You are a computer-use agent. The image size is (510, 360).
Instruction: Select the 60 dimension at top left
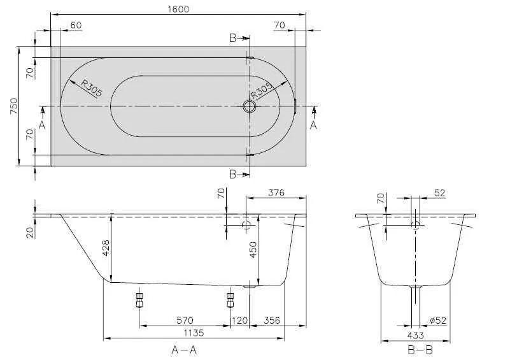click(76, 25)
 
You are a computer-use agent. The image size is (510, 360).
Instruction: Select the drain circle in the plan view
click(248, 106)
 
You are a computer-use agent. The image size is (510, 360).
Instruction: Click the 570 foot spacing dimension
click(185, 320)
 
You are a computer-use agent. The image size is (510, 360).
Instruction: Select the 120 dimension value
click(240, 320)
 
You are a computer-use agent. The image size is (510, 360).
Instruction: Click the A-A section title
click(183, 349)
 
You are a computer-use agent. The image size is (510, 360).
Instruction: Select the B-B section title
click(420, 349)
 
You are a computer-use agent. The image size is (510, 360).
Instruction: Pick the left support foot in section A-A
click(139, 299)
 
